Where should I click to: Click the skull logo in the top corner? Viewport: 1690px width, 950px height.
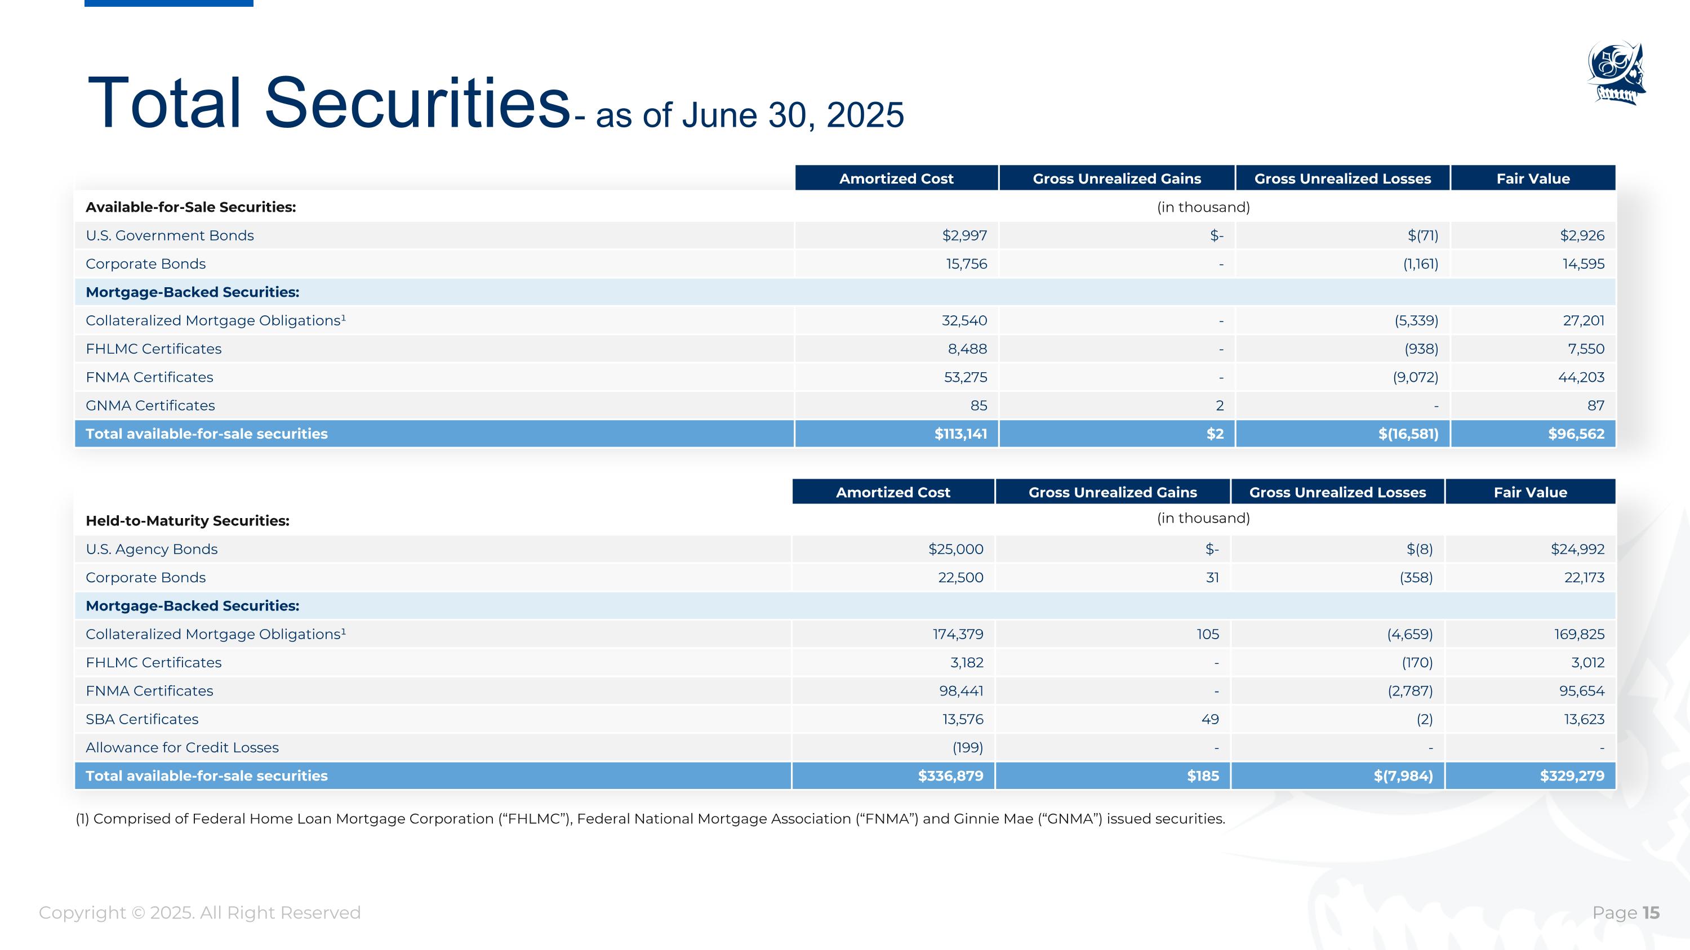[1617, 73]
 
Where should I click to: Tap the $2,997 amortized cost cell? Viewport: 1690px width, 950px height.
[964, 235]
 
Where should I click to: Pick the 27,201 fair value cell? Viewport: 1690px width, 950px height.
[1583, 320]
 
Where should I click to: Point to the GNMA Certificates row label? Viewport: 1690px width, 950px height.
[150, 406]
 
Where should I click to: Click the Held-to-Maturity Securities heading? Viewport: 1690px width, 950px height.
[188, 520]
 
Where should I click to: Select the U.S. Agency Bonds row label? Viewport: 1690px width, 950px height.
[152, 550]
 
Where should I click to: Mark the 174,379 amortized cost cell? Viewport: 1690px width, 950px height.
[958, 634]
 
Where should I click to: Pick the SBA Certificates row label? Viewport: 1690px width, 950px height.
[142, 719]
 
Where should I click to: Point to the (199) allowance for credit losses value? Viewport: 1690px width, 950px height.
[967, 747]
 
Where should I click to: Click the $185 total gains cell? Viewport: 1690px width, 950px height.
[1203, 776]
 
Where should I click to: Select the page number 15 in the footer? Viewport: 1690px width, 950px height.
[1651, 913]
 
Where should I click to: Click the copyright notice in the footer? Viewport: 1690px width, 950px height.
[199, 913]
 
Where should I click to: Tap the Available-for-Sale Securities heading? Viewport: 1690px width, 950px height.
[191, 207]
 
